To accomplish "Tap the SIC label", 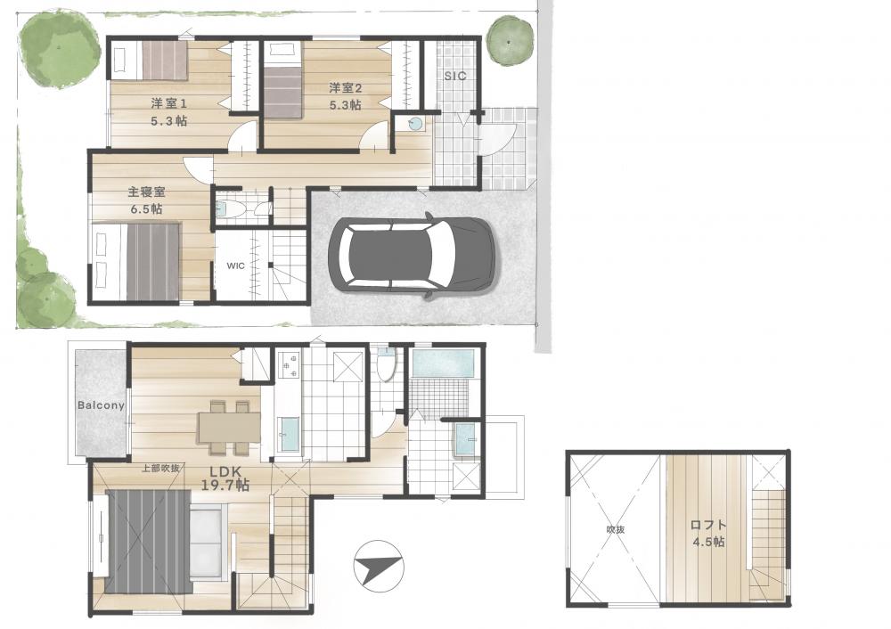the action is click(x=454, y=76).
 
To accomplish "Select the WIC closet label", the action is click(x=236, y=265).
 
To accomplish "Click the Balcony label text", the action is click(x=101, y=405).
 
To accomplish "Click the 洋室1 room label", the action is click(x=168, y=104).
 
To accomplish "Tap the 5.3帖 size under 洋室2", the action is click(x=346, y=105).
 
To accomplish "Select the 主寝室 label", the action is click(x=146, y=192).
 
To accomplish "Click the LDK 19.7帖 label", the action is click(x=225, y=478).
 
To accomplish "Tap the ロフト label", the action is click(x=708, y=525).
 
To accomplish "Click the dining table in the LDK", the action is click(x=229, y=426).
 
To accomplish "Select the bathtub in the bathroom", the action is click(x=443, y=364).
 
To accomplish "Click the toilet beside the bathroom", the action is click(x=387, y=364).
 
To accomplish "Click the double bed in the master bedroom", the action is click(x=137, y=260).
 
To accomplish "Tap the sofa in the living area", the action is click(x=208, y=543).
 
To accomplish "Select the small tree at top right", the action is click(x=511, y=40).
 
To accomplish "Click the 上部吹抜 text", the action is click(x=160, y=469).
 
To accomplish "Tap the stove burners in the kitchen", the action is click(x=290, y=365).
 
